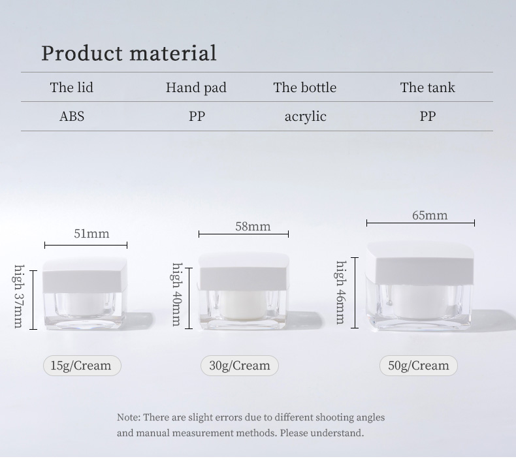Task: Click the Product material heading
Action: [129, 54]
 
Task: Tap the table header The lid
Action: [71, 87]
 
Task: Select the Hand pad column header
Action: [196, 87]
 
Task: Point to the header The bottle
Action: [305, 87]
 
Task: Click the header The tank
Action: [427, 87]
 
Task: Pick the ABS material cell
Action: [72, 117]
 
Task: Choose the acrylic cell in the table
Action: [305, 117]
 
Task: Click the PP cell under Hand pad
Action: [197, 117]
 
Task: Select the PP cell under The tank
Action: [427, 117]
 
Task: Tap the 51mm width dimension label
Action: [91, 233]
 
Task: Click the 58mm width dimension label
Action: [253, 227]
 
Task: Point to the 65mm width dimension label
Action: [430, 215]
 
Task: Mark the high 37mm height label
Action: [19, 296]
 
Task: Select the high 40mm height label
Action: [176, 294]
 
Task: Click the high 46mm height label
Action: [340, 292]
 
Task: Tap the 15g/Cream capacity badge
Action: [82, 366]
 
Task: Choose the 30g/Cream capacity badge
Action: [240, 366]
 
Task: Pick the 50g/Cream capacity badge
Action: [419, 366]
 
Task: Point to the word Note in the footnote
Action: [127, 417]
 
